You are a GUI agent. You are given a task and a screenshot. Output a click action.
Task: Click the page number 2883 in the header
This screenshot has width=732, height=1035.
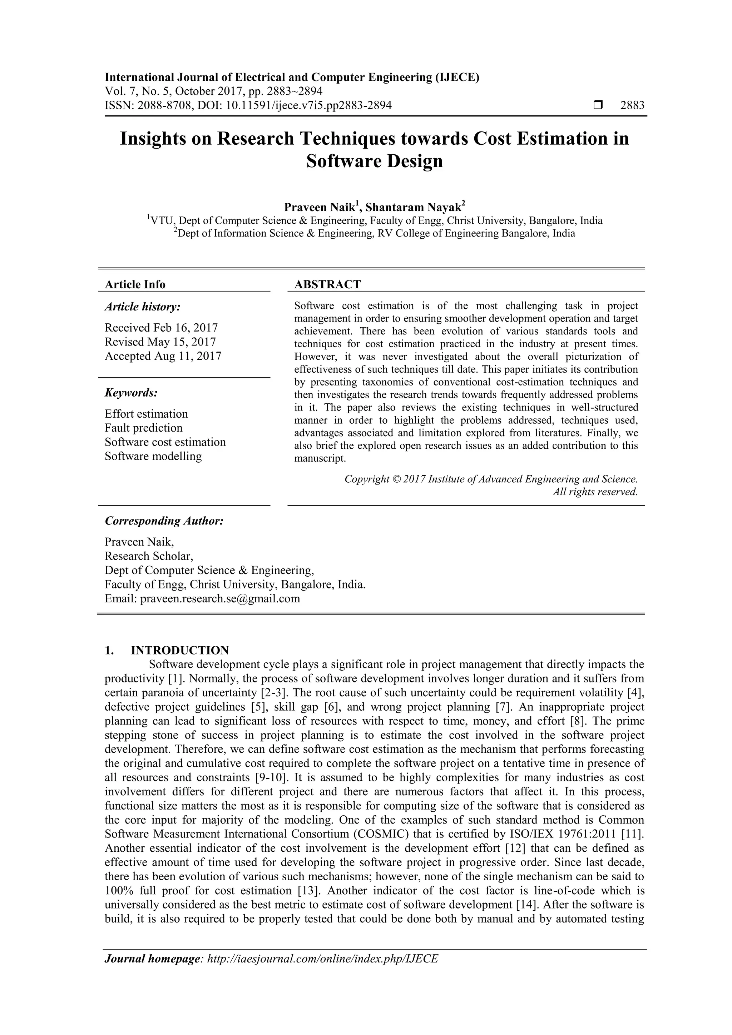pos(632,105)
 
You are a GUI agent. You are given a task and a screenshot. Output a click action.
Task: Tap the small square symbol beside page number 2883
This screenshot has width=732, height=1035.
pos(598,105)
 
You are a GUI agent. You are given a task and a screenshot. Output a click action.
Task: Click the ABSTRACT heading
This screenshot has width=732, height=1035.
pos(327,284)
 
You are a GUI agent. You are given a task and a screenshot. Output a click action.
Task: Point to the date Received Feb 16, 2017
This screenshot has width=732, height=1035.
pos(161,327)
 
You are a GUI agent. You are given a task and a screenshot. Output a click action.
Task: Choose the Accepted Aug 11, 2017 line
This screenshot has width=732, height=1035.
pos(163,356)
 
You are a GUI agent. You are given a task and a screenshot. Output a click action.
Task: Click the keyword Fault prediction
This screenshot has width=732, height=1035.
pos(143,428)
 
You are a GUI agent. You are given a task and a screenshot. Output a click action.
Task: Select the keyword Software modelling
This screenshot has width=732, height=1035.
pos(153,456)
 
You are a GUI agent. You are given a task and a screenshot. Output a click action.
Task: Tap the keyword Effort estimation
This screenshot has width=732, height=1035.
pos(146,414)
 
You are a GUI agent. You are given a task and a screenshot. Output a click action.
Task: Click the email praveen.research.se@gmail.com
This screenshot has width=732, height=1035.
pos(220,599)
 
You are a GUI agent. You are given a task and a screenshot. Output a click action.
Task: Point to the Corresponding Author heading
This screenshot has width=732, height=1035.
pos(164,521)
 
